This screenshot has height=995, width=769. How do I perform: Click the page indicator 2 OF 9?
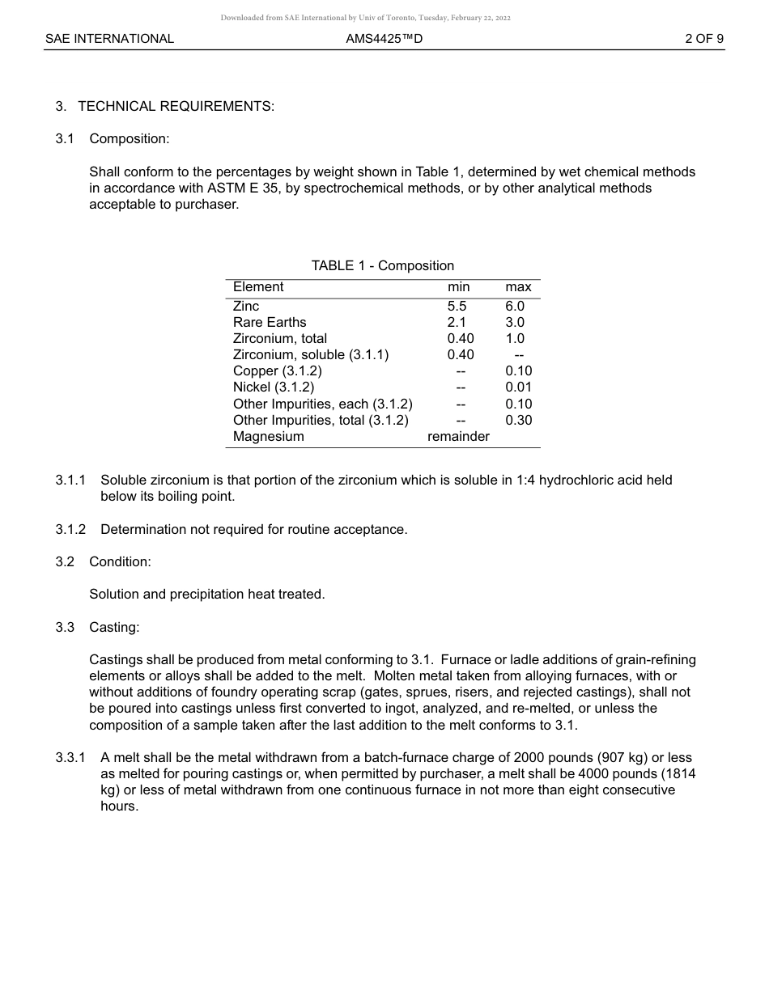(703, 39)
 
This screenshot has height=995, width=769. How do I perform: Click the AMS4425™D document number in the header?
(384, 39)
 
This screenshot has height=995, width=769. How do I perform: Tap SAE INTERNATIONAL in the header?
(109, 39)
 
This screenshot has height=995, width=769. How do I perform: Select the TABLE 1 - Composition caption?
(382, 265)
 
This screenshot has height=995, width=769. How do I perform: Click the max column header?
(518, 287)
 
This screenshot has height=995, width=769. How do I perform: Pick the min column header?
(458, 287)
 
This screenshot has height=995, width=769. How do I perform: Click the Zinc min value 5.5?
(457, 306)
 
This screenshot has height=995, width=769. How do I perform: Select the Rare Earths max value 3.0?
(515, 322)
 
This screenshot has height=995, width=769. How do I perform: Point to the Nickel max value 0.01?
(518, 387)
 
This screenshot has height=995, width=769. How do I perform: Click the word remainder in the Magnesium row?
(458, 436)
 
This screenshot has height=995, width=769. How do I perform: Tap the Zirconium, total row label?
(280, 338)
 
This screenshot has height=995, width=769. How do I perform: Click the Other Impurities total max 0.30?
(518, 420)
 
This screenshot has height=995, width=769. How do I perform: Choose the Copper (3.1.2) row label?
(277, 370)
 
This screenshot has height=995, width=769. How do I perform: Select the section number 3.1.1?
(70, 480)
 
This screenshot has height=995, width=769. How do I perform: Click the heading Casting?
(114, 627)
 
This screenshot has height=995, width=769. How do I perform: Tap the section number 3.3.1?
(70, 758)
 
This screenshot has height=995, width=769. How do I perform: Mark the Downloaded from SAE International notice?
(365, 18)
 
